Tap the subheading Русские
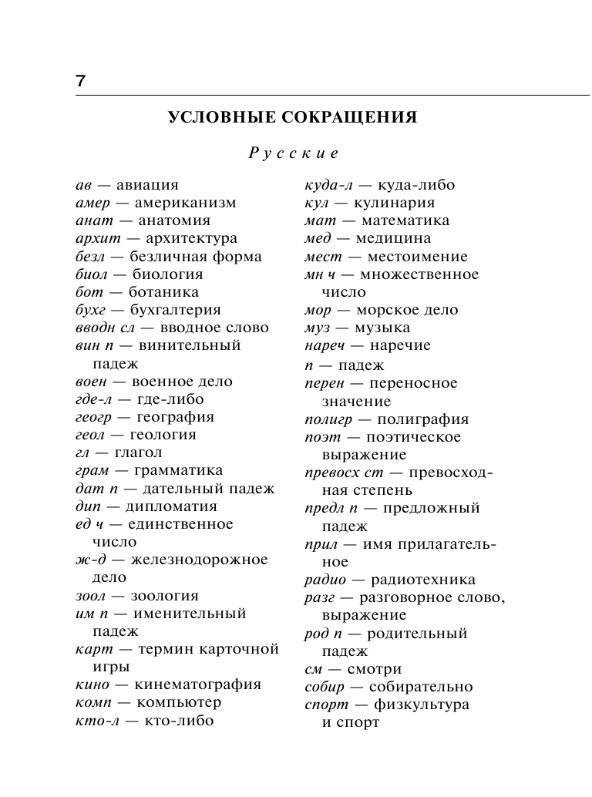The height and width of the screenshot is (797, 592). tap(293, 153)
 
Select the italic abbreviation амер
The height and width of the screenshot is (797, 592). tap(93, 203)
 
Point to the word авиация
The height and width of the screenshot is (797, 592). tap(147, 185)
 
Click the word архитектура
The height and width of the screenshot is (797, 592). tap(191, 239)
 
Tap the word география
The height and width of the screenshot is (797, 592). tap(175, 417)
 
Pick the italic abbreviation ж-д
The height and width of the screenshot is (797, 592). tap(92, 560)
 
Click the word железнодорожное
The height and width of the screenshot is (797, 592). tap(199, 560)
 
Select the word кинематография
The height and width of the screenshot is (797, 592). tap(198, 684)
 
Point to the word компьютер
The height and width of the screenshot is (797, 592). tap(179, 702)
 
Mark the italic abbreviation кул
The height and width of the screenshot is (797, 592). tap(317, 203)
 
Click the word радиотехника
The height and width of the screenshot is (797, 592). tap(423, 580)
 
